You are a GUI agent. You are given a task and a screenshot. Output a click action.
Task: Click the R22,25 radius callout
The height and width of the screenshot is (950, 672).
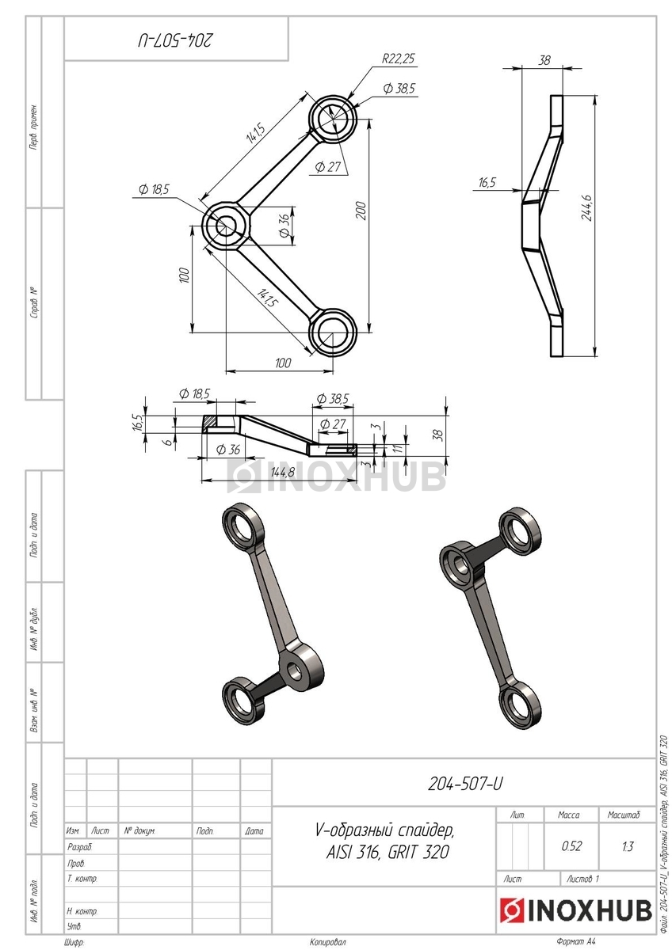point(398,58)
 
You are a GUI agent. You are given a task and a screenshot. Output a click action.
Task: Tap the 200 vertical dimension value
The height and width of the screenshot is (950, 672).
point(361,211)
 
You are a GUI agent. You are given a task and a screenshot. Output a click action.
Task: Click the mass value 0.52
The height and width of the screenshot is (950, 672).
point(571,846)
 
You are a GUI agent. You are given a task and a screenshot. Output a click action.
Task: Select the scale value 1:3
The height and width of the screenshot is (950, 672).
point(627,846)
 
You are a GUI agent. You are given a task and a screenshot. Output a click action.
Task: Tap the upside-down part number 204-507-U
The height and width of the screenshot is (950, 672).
point(175,40)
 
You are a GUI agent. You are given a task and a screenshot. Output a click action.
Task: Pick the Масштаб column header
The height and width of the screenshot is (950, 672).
point(623,815)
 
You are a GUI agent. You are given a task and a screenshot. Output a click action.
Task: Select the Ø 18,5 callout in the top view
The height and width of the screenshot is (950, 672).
point(154,189)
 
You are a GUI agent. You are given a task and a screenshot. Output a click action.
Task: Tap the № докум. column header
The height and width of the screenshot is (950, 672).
point(139,830)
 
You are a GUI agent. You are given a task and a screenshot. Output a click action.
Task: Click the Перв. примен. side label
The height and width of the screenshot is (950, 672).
point(33,126)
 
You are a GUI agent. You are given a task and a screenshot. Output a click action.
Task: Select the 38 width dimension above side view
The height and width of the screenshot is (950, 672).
point(544,60)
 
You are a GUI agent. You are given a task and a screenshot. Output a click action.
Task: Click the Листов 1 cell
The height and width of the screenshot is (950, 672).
point(582,880)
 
